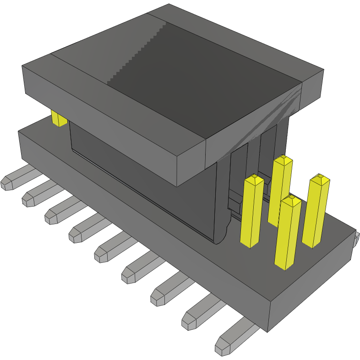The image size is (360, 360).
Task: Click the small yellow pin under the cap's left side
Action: point(59,118)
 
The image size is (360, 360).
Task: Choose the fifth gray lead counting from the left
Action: point(110,247)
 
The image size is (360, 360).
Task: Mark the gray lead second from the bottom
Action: point(199,314)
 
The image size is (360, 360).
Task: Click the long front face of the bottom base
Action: point(137,229)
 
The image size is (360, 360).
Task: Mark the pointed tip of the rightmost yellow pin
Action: point(319,176)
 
